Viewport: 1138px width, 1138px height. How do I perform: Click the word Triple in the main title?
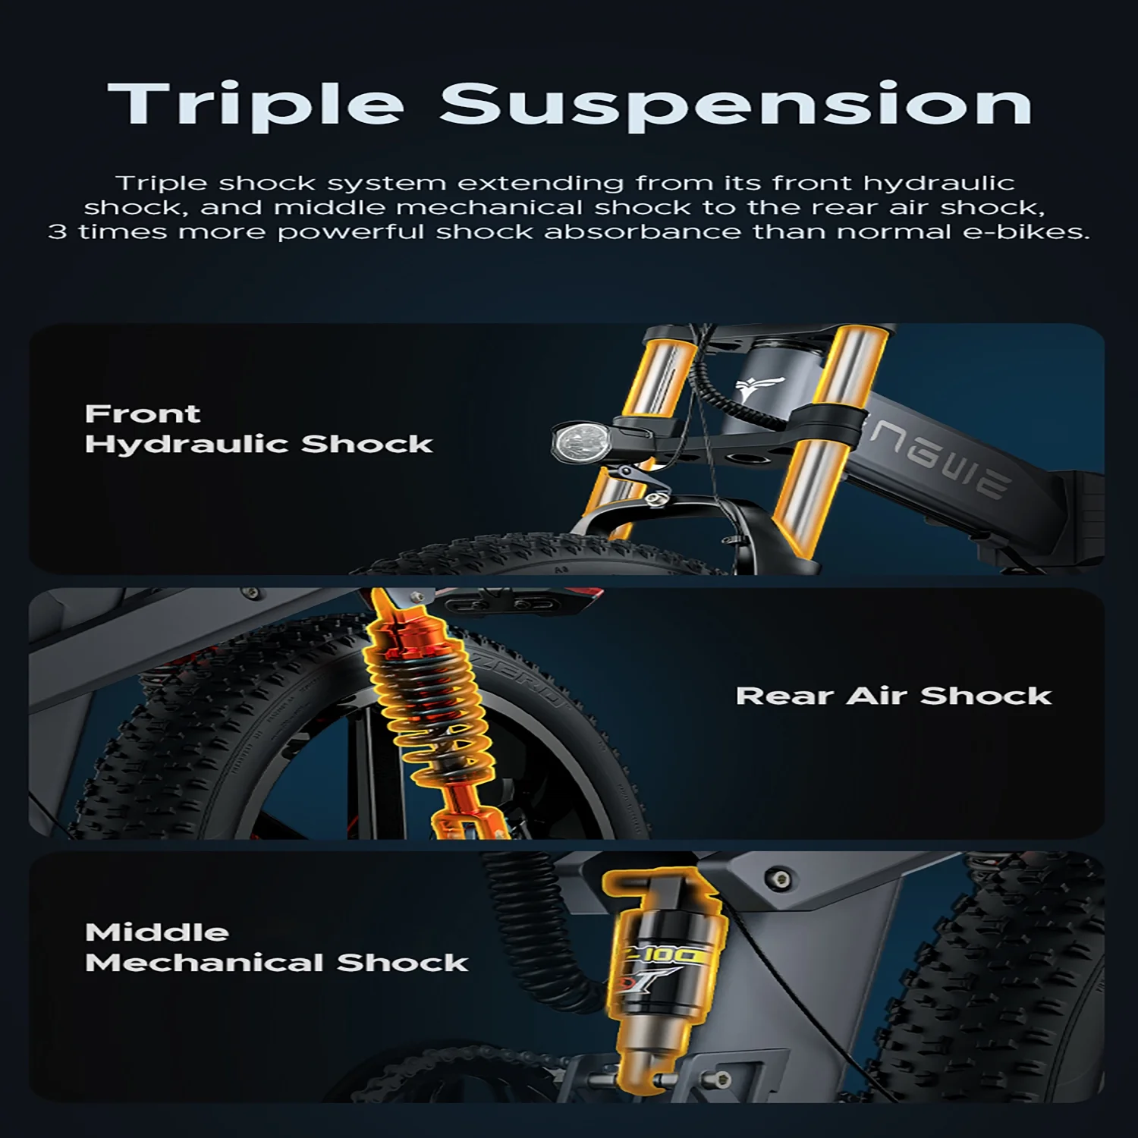256,105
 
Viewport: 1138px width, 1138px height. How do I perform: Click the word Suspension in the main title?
736,105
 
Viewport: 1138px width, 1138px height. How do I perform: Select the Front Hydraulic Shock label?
259,429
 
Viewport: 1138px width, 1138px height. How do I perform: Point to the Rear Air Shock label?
894,696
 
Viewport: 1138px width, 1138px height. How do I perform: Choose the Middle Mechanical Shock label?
276,948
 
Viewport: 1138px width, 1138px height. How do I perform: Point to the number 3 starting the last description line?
58,231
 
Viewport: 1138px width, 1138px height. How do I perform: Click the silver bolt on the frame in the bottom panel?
779,879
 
